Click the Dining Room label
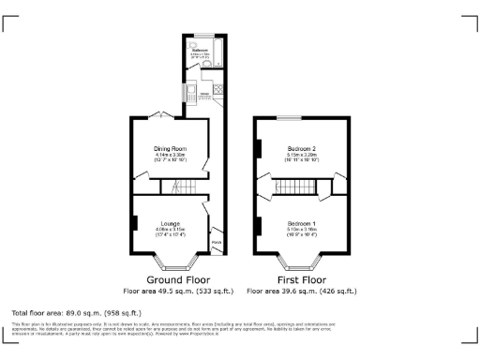[x=171, y=148]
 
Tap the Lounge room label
[x=171, y=224]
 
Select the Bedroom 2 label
[x=301, y=148]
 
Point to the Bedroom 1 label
[x=301, y=223]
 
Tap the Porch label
[x=217, y=241]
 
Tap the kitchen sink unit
[x=185, y=95]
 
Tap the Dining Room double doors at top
[x=159, y=116]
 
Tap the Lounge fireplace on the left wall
[x=136, y=223]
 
